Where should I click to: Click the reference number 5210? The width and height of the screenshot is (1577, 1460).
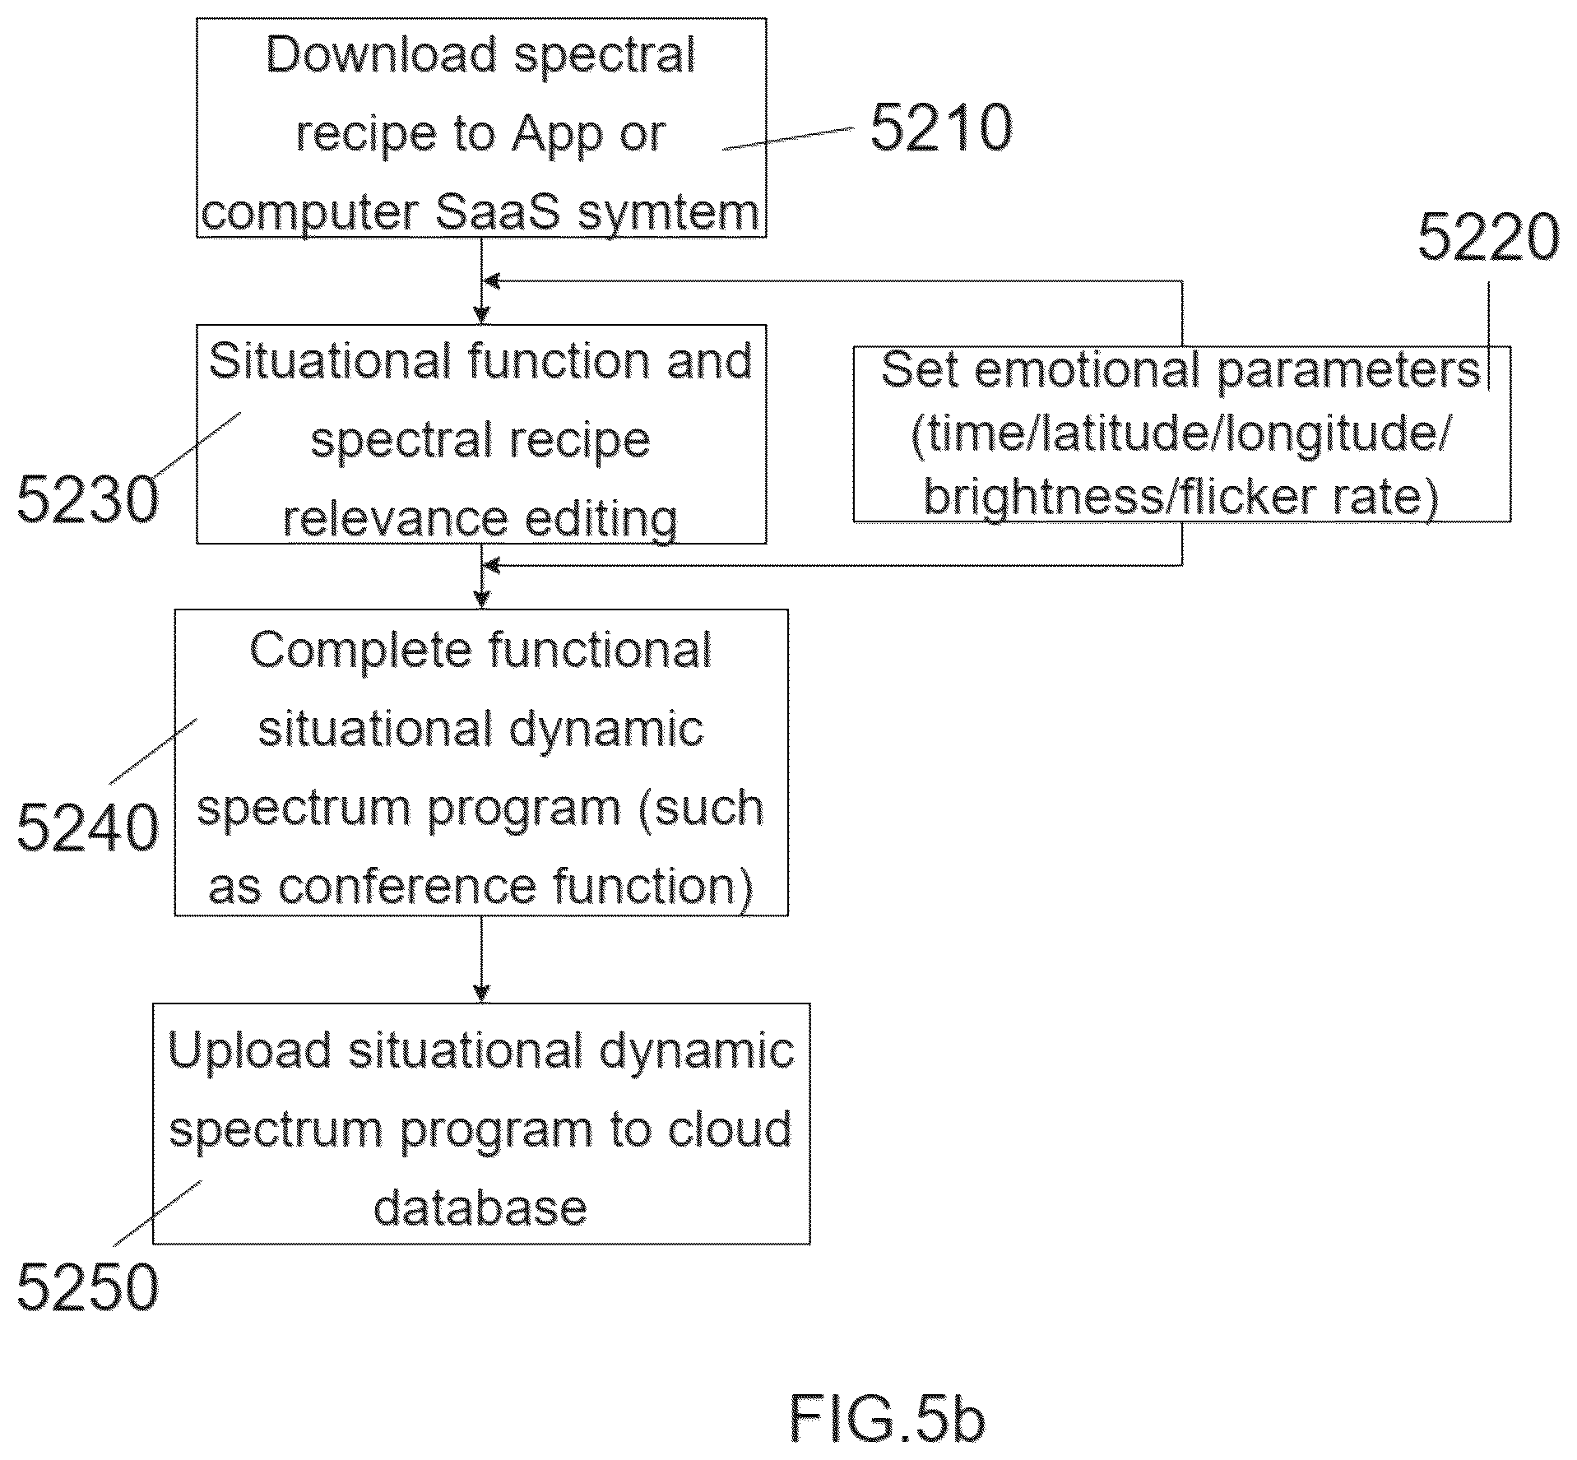941,127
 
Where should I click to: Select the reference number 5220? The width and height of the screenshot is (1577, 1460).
1488,237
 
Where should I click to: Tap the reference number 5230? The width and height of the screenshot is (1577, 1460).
87,499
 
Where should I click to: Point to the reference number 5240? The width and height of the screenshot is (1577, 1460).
87,827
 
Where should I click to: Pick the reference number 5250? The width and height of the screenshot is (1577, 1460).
87,1286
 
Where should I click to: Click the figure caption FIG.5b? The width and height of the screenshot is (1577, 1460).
887,1419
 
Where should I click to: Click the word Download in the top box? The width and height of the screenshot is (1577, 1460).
382,54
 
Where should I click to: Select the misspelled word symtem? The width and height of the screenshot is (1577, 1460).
669,212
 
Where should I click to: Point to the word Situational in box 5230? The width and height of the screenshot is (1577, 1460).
331,361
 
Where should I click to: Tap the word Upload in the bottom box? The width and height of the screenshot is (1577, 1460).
249,1051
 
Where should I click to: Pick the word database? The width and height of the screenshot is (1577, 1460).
480,1208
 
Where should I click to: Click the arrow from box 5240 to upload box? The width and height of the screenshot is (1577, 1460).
481,959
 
